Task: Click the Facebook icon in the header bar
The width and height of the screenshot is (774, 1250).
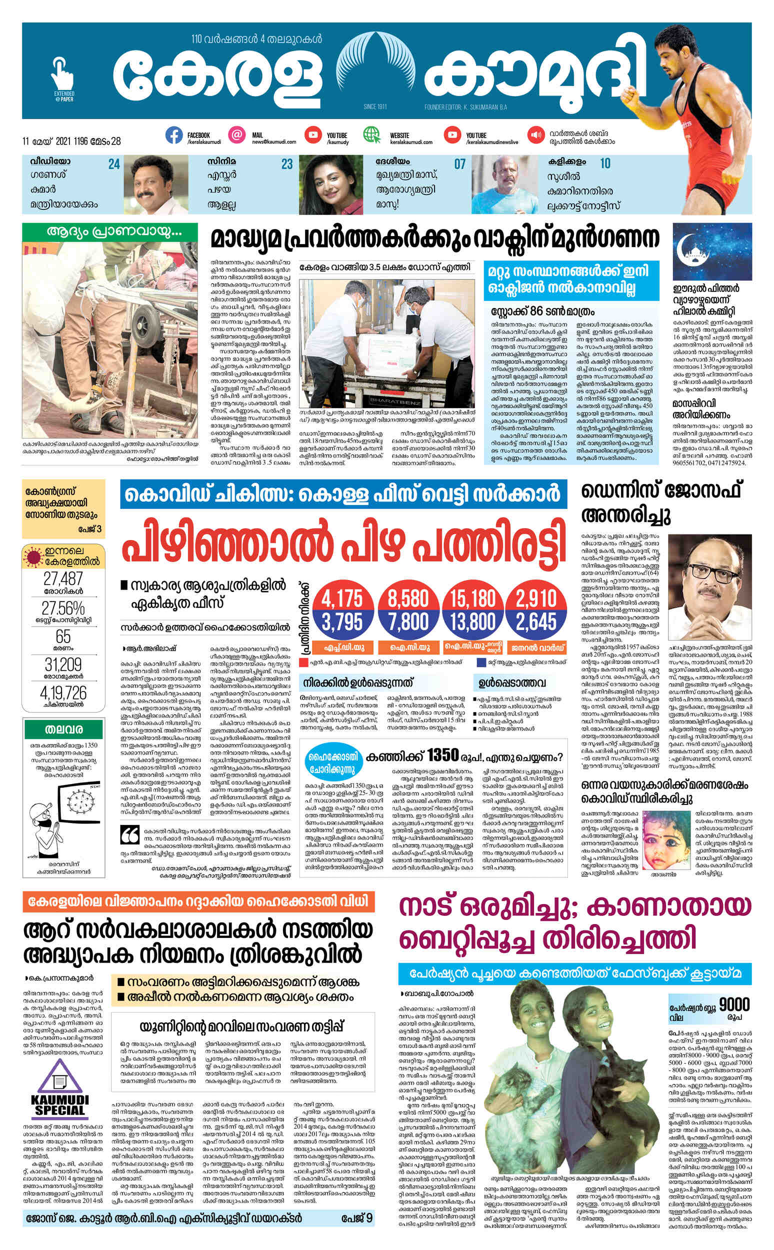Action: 174,135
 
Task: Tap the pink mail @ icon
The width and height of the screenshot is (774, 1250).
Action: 236,135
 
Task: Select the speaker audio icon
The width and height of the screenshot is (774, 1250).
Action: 536,135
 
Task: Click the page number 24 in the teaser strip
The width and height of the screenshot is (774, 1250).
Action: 113,164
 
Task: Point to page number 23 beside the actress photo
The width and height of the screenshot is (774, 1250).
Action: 286,164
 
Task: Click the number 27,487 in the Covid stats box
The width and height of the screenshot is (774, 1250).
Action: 63,578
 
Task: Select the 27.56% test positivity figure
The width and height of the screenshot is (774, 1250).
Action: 63,608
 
